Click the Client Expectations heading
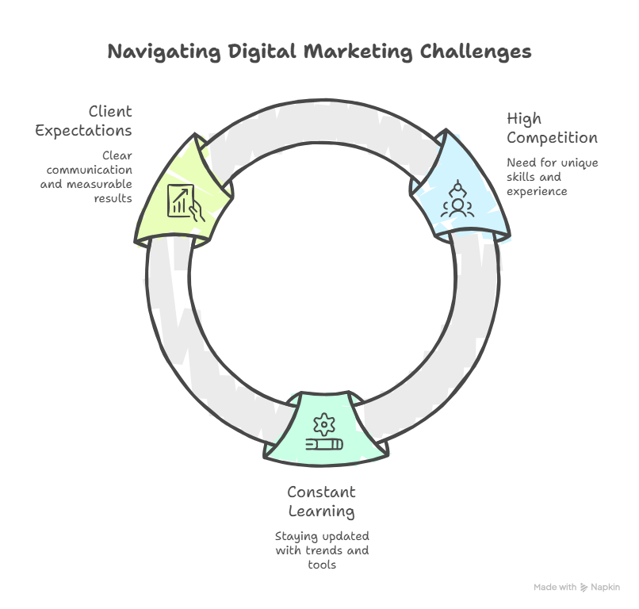coord(84,121)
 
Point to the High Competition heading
coord(552,128)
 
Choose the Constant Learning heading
coord(321,501)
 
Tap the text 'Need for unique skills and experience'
coord(553,177)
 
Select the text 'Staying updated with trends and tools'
coord(321,550)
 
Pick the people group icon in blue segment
coord(457,200)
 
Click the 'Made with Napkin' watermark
coord(576,588)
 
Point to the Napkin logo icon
coord(584,588)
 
